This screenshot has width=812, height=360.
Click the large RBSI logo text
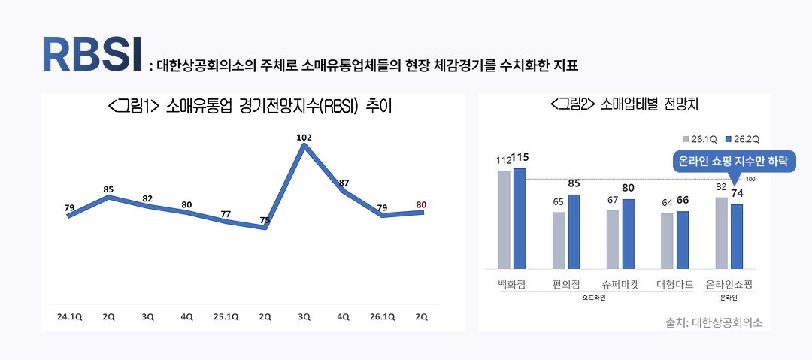point(92,53)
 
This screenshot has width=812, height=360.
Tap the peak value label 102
point(304,138)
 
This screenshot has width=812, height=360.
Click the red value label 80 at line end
point(422,204)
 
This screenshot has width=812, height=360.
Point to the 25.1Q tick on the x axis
point(226,316)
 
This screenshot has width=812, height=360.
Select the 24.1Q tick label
point(69,316)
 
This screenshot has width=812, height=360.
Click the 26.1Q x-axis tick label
point(383,316)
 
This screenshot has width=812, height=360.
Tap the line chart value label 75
point(265,220)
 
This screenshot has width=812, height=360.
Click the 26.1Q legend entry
point(701,139)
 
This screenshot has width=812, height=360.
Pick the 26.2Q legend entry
point(744,139)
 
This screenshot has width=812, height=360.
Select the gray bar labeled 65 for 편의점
point(559,240)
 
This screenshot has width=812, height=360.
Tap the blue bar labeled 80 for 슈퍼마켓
point(629,234)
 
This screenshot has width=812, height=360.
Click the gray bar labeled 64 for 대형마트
point(667,241)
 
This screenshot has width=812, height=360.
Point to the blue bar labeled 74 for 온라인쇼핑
point(737,236)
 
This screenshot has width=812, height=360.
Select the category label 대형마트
point(674,286)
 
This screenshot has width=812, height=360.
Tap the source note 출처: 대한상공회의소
point(714,322)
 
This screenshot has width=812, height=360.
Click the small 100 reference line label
point(750,179)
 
